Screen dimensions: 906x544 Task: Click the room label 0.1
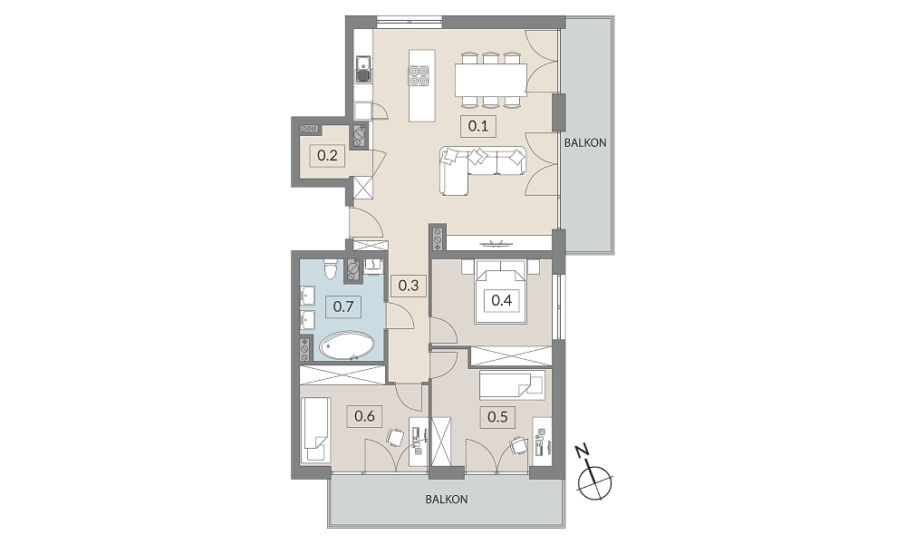click(x=477, y=125)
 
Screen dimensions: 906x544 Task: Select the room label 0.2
click(x=327, y=156)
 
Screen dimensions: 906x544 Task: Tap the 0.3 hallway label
click(x=409, y=286)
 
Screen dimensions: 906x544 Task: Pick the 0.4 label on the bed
click(x=501, y=300)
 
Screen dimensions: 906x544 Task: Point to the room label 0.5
click(x=497, y=416)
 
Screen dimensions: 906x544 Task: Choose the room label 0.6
click(x=364, y=415)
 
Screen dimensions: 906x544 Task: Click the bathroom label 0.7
click(x=343, y=306)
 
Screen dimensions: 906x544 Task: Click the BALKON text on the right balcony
click(x=585, y=142)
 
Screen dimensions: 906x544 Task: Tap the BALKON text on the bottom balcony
click(x=447, y=499)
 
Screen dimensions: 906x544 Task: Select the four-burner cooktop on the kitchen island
click(x=419, y=76)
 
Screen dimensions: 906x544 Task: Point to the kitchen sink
click(x=363, y=69)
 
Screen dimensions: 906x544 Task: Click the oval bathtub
click(x=347, y=346)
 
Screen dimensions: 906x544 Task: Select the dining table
click(x=491, y=80)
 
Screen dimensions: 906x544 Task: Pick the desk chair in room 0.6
click(x=395, y=438)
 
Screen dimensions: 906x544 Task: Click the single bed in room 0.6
click(x=315, y=429)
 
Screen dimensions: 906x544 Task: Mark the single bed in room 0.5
click(x=512, y=385)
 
